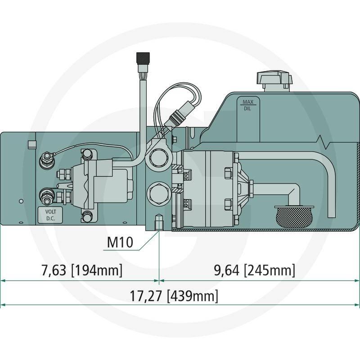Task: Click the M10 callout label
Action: click(x=120, y=242)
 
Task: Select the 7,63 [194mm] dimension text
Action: click(x=82, y=270)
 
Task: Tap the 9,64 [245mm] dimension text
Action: click(x=254, y=270)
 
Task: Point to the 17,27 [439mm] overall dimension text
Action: click(x=174, y=296)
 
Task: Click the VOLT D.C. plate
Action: click(x=50, y=215)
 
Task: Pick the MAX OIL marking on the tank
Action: click(x=248, y=105)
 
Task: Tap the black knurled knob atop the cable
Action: click(x=143, y=59)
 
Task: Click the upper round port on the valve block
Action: click(x=158, y=157)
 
